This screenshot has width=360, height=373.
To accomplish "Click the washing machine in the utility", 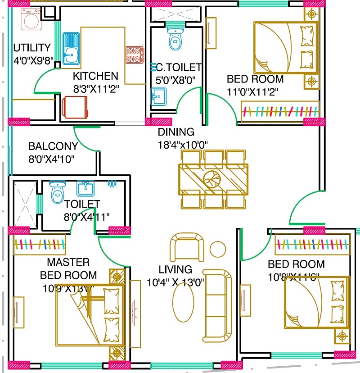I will [x=31, y=20].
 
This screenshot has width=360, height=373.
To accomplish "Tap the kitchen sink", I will [x=71, y=48].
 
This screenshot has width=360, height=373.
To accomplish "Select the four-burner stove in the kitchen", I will [x=134, y=54].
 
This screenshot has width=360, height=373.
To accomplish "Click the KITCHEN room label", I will [x=95, y=76].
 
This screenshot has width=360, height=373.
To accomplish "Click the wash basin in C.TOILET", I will [x=158, y=96].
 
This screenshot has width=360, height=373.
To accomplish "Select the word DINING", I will [x=176, y=132].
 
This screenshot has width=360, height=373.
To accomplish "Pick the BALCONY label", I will [x=53, y=146].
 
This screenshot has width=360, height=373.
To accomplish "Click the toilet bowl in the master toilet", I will [x=57, y=193].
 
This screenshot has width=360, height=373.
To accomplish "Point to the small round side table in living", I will [x=218, y=249].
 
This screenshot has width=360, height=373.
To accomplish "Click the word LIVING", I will [x=175, y=270].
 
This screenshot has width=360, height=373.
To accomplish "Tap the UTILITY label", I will [x=31, y=48].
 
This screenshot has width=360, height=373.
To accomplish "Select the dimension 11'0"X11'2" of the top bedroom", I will [x=252, y=92].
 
